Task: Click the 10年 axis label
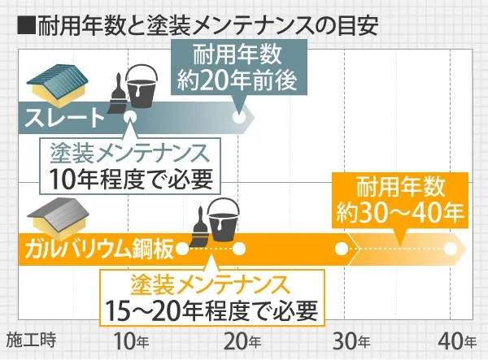click(x=132, y=341)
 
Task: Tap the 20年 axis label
click(x=242, y=341)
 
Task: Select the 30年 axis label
click(x=351, y=341)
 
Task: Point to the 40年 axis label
click(x=457, y=341)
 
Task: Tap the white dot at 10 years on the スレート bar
click(x=130, y=117)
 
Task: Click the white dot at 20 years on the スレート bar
click(x=239, y=117)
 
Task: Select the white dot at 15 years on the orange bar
click(x=183, y=249)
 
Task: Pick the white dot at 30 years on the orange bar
click(x=342, y=249)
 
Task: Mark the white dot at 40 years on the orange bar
click(x=451, y=249)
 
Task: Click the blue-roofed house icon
click(x=58, y=81)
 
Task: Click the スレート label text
click(x=64, y=118)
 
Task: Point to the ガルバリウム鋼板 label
click(x=99, y=249)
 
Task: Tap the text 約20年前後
click(x=237, y=80)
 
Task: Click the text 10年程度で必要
click(x=131, y=180)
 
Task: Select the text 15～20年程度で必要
click(x=212, y=310)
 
